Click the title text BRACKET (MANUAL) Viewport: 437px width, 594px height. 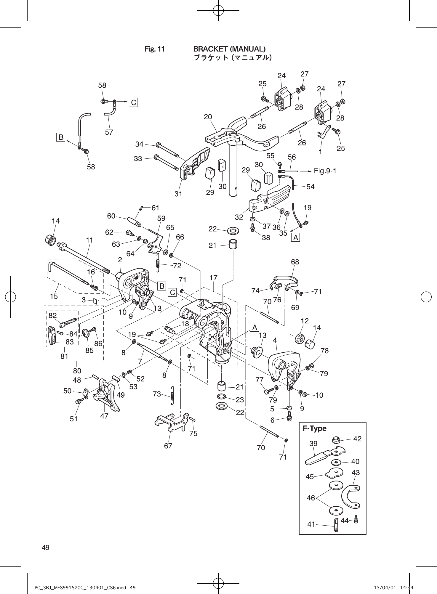229,49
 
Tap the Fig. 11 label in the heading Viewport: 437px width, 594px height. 154,49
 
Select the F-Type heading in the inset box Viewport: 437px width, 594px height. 314,428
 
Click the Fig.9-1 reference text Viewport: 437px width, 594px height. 325,171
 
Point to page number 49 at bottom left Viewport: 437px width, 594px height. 46,548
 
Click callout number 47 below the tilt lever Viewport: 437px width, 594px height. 104,416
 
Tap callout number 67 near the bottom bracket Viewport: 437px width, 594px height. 168,446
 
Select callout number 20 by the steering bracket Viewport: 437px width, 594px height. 208,117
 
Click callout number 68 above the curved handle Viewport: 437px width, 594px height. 295,262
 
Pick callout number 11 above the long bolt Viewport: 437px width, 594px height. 89,240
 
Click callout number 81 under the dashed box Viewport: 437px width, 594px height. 64,356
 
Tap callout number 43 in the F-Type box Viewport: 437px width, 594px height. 356,473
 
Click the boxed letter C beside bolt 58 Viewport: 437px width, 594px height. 134,102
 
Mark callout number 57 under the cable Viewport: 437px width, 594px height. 109,132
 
